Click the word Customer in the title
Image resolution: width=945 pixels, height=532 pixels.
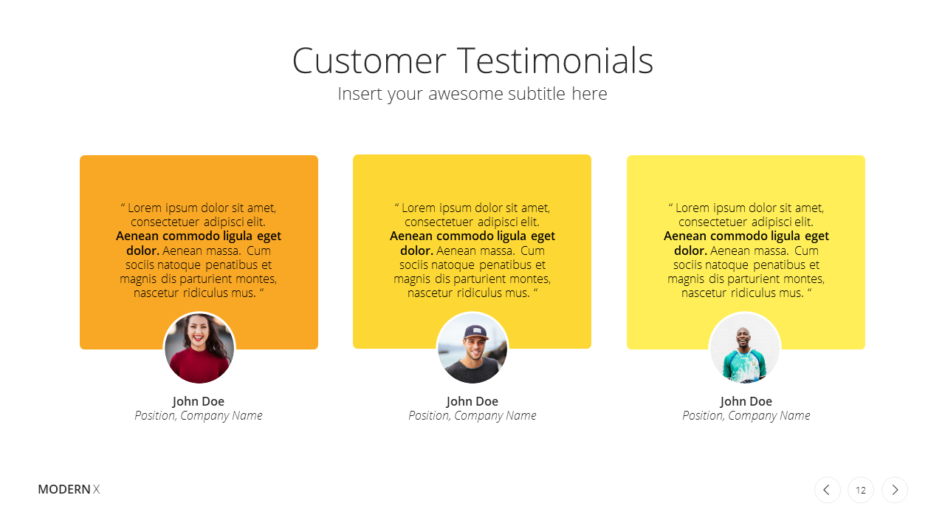[369, 61]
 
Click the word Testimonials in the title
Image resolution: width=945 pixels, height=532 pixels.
[555, 61]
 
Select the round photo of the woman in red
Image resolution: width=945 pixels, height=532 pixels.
[199, 348]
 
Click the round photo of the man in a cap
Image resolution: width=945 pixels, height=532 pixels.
[472, 348]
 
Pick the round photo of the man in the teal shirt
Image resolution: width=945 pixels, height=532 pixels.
[745, 348]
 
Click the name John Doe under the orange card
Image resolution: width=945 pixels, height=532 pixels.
[199, 401]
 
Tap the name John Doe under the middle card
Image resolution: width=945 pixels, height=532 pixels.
[472, 401]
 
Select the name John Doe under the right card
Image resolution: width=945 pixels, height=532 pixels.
[746, 401]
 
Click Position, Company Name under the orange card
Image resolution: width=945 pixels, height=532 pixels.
[199, 416]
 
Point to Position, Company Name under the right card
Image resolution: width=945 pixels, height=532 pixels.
[746, 416]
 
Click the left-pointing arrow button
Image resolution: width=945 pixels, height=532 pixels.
[828, 490]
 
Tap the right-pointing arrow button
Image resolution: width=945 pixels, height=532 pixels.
[895, 490]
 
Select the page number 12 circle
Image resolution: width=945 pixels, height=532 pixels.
[861, 490]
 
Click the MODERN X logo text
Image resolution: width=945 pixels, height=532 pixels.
[69, 489]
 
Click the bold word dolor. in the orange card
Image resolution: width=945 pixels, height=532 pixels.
[142, 250]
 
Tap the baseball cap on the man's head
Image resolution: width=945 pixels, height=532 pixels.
[476, 332]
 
